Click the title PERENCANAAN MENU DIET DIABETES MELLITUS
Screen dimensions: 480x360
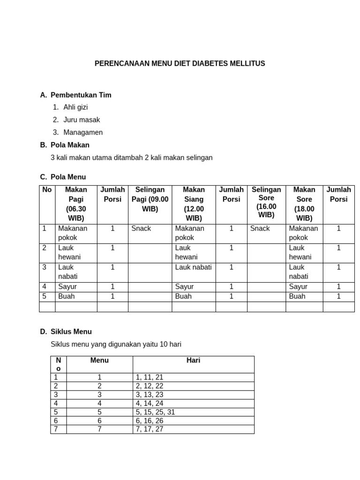180,63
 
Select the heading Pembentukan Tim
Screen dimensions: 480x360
81,95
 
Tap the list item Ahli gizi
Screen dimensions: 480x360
75,107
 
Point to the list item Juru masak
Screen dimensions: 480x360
82,120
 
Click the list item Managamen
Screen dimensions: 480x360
83,133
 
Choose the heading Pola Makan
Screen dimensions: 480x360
70,145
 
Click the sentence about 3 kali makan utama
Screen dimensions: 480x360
131,157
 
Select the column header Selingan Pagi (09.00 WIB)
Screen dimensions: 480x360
150,199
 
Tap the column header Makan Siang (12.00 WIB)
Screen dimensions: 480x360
194,204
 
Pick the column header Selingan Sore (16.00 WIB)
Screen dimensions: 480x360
266,202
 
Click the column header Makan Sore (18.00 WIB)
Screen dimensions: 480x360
304,204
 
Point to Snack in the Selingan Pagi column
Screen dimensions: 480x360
141,229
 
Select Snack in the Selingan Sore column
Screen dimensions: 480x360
260,229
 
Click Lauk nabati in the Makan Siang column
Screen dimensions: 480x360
193,267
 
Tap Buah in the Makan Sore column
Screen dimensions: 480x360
297,296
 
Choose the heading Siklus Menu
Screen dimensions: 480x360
71,332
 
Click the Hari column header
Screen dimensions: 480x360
193,360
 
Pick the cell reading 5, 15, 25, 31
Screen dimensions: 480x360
155,412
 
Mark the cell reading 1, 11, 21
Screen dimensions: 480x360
149,377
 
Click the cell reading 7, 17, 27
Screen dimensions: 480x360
149,429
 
